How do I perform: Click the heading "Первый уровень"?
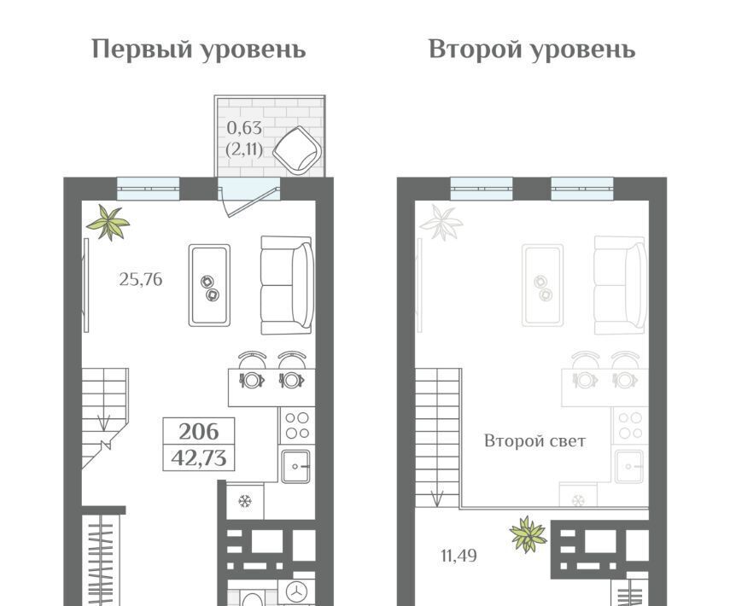pos(199,50)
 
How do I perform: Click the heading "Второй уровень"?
pos(532,50)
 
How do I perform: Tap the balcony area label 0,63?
pos(244,127)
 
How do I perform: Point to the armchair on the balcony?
pos(297,150)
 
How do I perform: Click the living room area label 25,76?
pos(141,279)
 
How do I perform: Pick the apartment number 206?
pos(199,432)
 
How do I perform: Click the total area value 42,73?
pos(199,458)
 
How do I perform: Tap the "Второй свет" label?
pos(535,440)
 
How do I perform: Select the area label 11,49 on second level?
pos(458,556)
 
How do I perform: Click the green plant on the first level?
pos(108,223)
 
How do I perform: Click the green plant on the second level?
pos(528,533)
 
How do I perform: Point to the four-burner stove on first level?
pos(297,425)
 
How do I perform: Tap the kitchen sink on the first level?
pos(295,465)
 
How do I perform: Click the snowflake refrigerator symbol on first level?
pos(245,501)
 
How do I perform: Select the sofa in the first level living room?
pos(286,285)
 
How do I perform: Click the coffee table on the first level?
pos(209,285)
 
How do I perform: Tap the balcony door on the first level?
pos(249,197)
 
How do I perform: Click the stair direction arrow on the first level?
pos(103,422)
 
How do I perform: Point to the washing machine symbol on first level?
pos(295,592)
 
